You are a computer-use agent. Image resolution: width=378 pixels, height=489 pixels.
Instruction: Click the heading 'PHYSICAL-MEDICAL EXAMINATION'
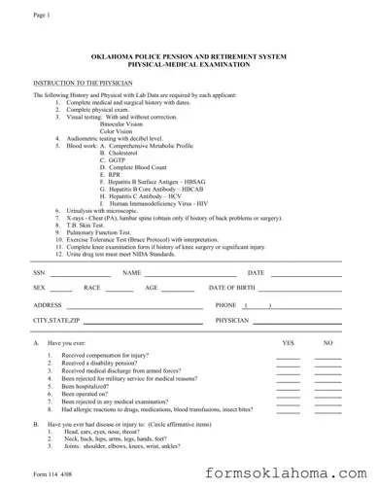(189, 65)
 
